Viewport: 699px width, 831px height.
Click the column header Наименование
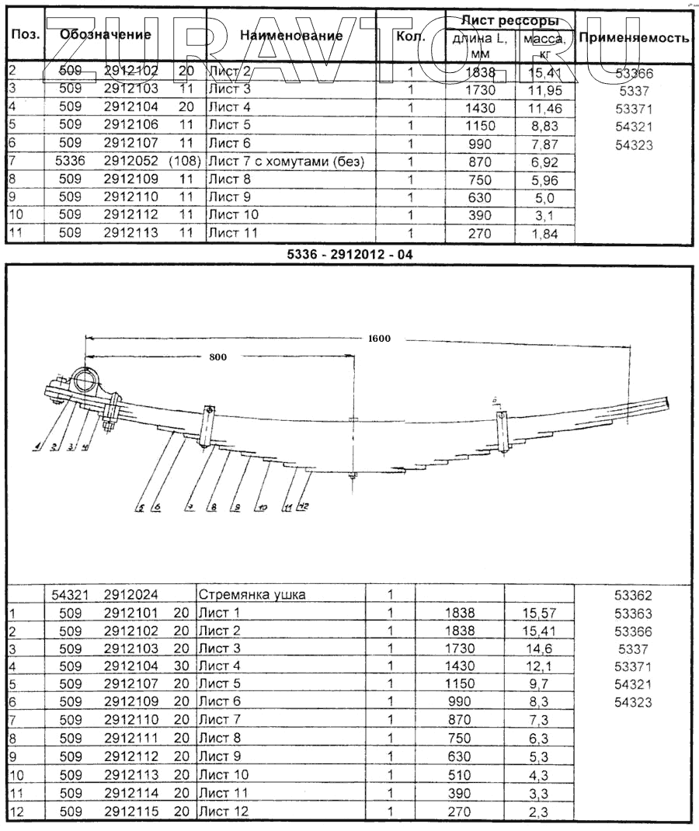click(290, 36)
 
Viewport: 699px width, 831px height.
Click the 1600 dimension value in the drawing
click(381, 338)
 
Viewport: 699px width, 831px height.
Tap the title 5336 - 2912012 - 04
click(352, 253)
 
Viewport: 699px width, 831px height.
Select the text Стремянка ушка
click(252, 595)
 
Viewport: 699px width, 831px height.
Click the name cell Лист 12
click(224, 812)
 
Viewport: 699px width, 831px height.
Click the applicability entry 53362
click(634, 596)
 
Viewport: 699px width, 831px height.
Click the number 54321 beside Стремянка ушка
click(70, 595)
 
